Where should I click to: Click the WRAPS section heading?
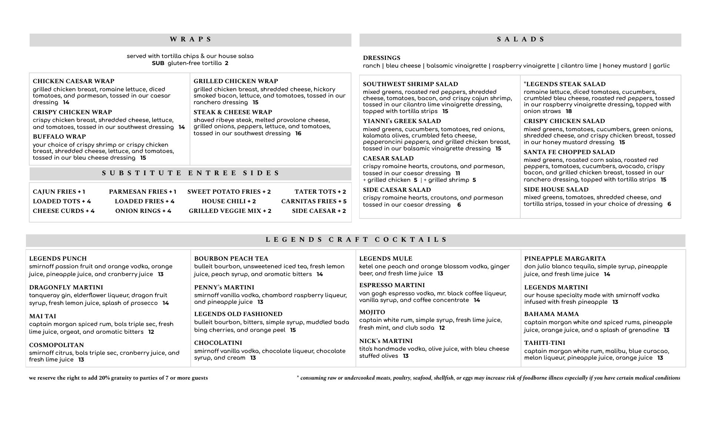191,39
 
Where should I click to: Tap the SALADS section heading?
521,39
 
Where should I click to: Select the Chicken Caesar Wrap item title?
73,81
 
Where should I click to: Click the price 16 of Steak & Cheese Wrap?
298,133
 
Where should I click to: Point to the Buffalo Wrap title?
59,137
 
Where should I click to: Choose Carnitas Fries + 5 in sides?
314,201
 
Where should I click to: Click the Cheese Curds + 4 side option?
64,211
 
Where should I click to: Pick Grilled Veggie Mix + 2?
230,211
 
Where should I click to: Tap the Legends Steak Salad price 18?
569,111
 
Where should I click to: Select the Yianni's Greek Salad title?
402,121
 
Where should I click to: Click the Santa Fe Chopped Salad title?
569,152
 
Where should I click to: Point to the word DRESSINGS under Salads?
381,58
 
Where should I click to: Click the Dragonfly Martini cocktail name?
66,288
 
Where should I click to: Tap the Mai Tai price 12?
151,332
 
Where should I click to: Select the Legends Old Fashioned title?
238,314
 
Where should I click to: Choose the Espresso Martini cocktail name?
392,285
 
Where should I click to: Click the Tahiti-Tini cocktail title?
544,343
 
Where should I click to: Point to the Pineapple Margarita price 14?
607,274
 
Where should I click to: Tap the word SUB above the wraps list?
158,63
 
